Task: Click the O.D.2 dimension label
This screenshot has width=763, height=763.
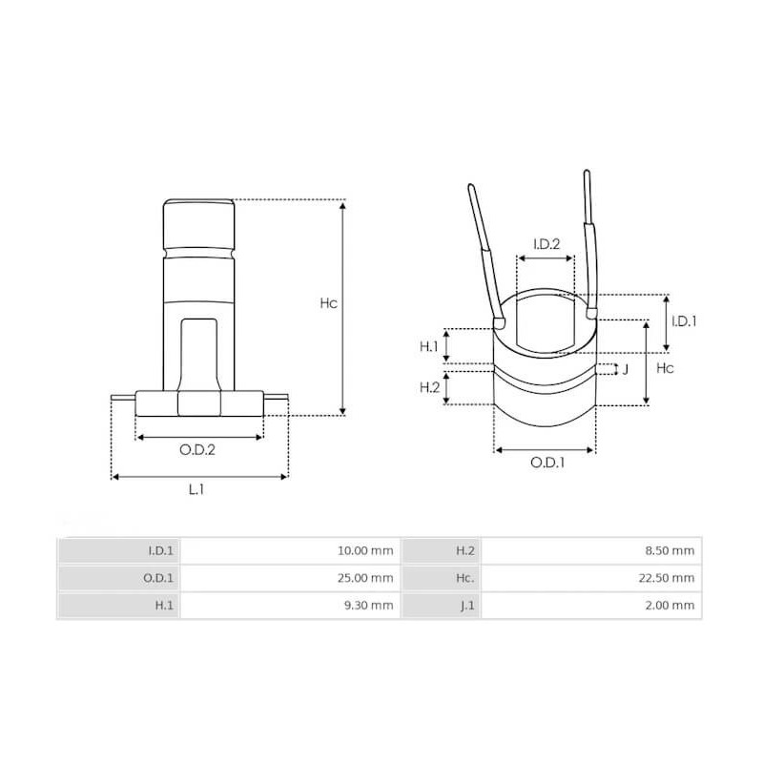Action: click(198, 450)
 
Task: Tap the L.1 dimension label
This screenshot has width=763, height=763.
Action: click(196, 489)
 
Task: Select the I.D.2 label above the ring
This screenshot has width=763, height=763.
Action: click(546, 244)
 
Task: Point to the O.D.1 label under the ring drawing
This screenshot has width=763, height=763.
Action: click(547, 463)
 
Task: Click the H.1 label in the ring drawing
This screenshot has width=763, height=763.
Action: click(429, 346)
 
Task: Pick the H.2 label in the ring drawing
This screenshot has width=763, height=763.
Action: click(429, 387)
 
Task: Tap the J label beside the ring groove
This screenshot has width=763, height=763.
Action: click(625, 368)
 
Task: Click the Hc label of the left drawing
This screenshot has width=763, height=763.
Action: click(327, 303)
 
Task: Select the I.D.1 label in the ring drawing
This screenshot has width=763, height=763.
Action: click(683, 321)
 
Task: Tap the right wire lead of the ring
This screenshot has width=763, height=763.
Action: click(590, 238)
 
